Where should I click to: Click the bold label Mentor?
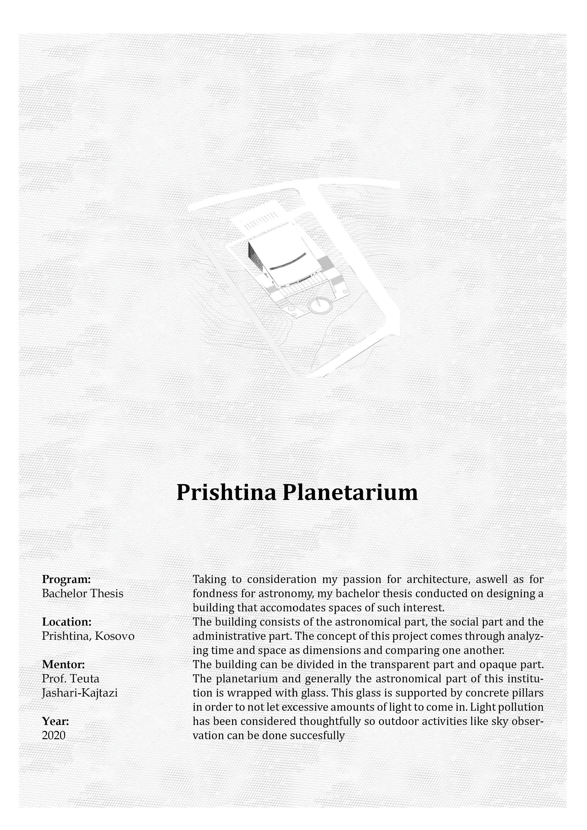63,664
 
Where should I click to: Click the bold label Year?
55,721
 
